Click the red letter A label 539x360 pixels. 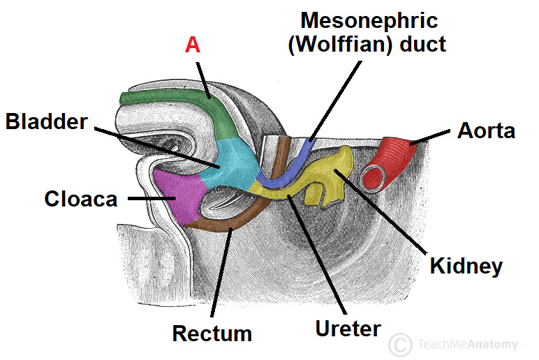pyautogui.click(x=192, y=46)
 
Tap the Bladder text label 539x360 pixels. pyautogui.click(x=47, y=121)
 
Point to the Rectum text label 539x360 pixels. pyautogui.click(x=212, y=333)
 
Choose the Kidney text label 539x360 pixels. pyautogui.click(x=466, y=266)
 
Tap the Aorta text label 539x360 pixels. pyautogui.click(x=486, y=130)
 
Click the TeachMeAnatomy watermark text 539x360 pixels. pyautogui.click(x=468, y=345)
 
